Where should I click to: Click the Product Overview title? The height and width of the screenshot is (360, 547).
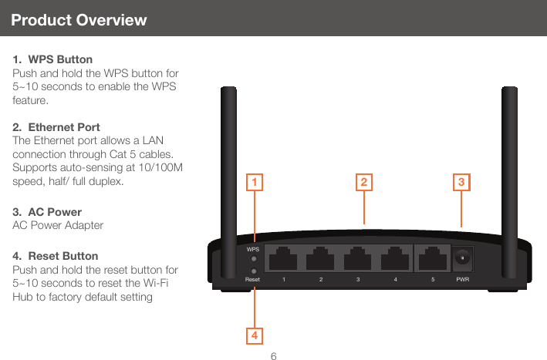pyautogui.click(x=79, y=20)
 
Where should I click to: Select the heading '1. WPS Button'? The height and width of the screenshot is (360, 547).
pyautogui.click(x=52, y=59)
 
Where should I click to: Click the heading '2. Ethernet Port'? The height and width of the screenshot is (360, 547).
pyautogui.click(x=56, y=126)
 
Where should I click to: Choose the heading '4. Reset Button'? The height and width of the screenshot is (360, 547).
pyautogui.click(x=56, y=255)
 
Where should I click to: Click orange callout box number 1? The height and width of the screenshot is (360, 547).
pyautogui.click(x=254, y=182)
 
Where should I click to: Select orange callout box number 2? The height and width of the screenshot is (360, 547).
pyautogui.click(x=363, y=182)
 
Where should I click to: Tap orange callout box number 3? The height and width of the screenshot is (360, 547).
pyautogui.click(x=461, y=182)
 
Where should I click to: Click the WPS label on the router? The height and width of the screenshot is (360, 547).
pyautogui.click(x=253, y=250)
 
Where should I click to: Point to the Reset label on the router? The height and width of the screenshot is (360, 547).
pyautogui.click(x=253, y=279)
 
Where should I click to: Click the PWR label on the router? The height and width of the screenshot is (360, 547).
pyautogui.click(x=463, y=279)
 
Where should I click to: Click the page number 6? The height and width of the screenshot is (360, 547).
pyautogui.click(x=274, y=355)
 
